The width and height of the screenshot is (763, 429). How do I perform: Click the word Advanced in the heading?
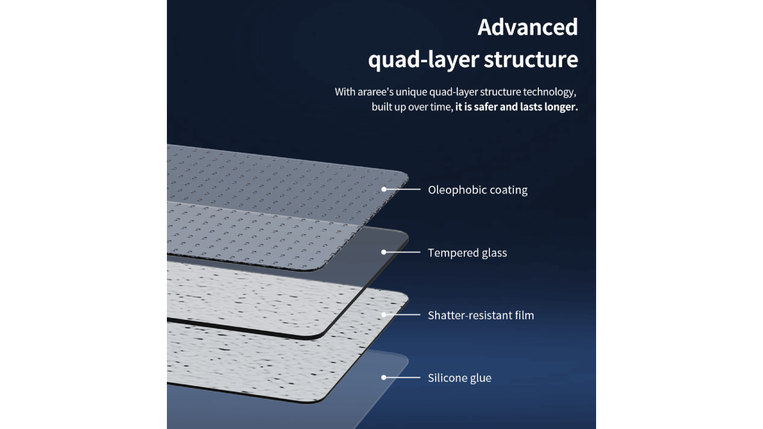point(528,27)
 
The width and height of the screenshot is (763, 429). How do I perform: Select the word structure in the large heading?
point(531,60)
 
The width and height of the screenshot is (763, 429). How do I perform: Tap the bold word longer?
point(560,107)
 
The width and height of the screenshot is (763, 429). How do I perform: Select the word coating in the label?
point(508,190)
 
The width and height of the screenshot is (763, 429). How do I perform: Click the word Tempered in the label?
point(451,253)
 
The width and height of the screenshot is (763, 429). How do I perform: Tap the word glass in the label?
point(492,253)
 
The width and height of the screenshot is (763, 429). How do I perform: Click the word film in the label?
point(523,315)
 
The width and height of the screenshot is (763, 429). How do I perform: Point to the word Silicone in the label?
point(447,378)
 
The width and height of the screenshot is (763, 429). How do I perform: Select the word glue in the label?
point(480,378)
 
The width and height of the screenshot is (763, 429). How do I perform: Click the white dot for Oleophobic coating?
point(384,189)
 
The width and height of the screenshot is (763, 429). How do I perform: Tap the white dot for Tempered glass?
point(384,252)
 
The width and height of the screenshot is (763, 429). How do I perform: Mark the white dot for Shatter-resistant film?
point(384,315)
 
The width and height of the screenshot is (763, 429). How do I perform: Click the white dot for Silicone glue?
point(384,377)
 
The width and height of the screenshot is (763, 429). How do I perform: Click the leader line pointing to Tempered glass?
point(404,252)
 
